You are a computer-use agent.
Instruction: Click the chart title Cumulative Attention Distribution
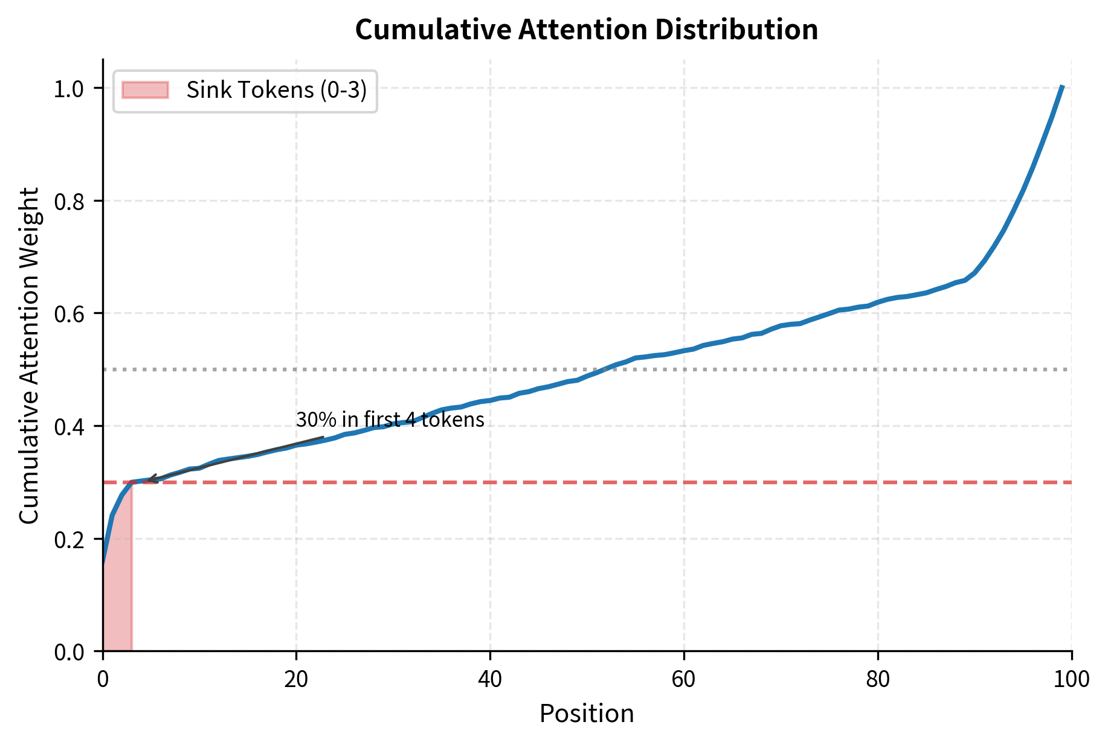586,30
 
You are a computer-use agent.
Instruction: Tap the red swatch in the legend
145,90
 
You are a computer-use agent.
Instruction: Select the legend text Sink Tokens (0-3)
277,90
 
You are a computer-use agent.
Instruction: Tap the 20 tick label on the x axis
296,680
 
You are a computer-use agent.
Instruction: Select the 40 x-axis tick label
490,680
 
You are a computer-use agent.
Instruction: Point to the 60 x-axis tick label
684,680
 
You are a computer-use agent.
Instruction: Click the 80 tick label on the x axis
878,680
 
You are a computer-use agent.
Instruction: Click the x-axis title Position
587,714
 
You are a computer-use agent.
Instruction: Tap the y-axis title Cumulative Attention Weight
30,355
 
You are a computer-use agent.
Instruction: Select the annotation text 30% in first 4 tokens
390,420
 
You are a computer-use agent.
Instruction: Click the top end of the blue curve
1062,87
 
